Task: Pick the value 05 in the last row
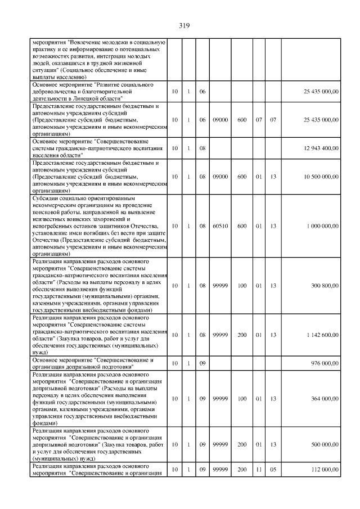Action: coord(273,468)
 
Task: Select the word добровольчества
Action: coord(55,91)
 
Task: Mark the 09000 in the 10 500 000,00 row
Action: coord(220,177)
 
